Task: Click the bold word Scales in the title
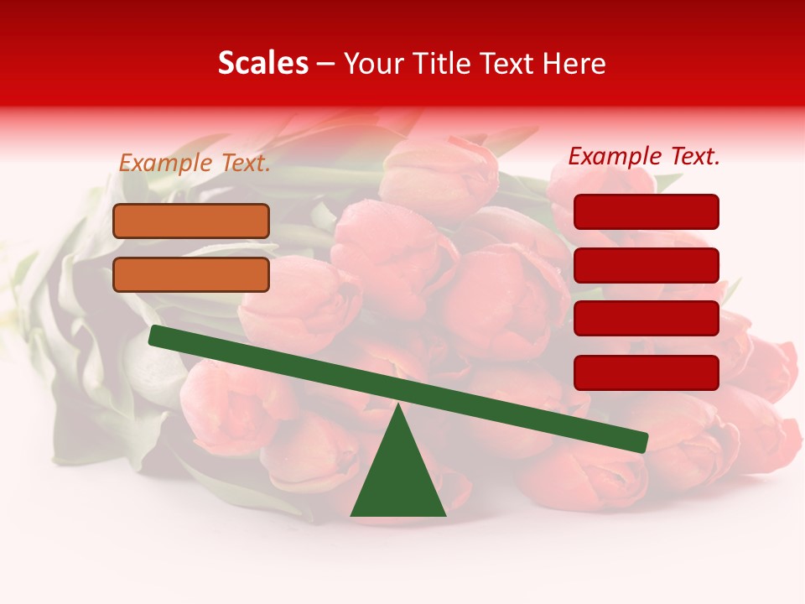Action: [x=262, y=63]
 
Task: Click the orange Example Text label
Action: [x=195, y=164]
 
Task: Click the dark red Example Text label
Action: [x=644, y=156]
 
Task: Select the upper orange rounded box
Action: [x=191, y=221]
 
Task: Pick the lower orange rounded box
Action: [x=191, y=274]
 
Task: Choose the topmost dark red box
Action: [x=647, y=211]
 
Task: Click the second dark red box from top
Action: [x=647, y=265]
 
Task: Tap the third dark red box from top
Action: [x=647, y=319]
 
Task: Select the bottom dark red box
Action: [x=647, y=372]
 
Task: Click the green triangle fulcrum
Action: [x=398, y=478]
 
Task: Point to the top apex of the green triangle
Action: [x=398, y=407]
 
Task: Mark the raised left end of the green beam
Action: [x=156, y=335]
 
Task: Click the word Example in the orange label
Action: [x=166, y=164]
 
